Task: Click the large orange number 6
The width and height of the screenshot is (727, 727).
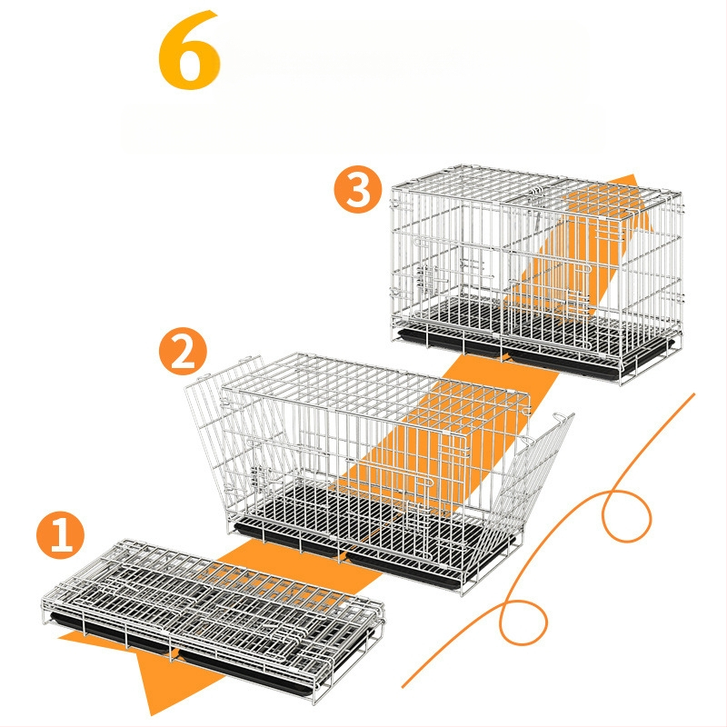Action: coord(189,50)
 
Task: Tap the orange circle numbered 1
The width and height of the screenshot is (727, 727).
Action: coord(60,535)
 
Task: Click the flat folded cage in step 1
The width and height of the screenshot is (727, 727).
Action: coord(214,619)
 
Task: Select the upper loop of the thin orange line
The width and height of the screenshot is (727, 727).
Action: coord(627,515)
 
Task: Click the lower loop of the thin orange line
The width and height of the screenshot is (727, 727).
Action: coord(524,622)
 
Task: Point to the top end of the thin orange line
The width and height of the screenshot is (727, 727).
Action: coord(694,394)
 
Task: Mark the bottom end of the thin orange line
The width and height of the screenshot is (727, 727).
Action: coord(403,687)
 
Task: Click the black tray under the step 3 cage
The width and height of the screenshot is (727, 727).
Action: coord(533,354)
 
